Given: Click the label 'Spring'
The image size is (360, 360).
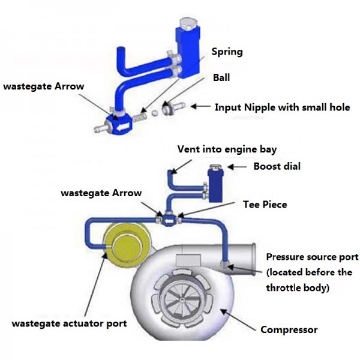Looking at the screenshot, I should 227,52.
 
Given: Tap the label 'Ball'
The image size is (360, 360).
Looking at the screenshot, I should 220,77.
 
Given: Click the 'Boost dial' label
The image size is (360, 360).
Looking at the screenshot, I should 277,166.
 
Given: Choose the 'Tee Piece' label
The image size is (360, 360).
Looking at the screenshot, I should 265,205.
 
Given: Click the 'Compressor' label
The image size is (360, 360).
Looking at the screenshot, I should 289,329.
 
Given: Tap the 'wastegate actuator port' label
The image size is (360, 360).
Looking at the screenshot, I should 70,323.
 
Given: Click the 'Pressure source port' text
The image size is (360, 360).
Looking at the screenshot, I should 312,257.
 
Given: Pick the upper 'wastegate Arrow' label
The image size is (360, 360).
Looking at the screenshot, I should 43,86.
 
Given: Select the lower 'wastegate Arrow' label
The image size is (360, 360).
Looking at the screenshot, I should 101,193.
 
